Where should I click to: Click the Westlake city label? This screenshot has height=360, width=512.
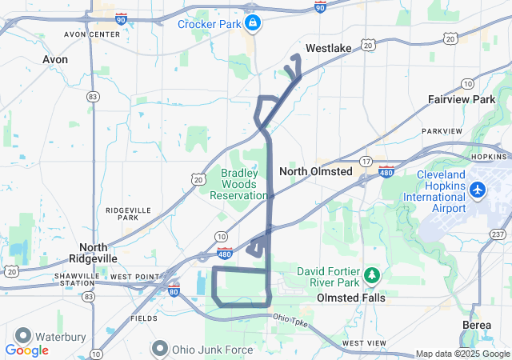coord(329,49)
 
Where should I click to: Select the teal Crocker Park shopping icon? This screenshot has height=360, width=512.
coord(253,22)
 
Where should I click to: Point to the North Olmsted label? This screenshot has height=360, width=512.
coord(315,171)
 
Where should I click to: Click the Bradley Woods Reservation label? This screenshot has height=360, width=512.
coord(238,184)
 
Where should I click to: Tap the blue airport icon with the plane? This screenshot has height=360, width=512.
coord(478,190)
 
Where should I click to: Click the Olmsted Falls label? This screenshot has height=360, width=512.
coord(350,298)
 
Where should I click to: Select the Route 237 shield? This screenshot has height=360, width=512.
coord(498,234)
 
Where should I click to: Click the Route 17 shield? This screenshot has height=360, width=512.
coord(365,161)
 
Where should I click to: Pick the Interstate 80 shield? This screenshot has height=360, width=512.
coord(173,290)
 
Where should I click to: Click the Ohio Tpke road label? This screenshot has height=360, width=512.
coord(290,318)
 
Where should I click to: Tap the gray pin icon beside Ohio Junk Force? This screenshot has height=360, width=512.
coord(160,349)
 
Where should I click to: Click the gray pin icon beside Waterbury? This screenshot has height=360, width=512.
coord(22,336)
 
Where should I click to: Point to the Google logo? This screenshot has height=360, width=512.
coord(26,350)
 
